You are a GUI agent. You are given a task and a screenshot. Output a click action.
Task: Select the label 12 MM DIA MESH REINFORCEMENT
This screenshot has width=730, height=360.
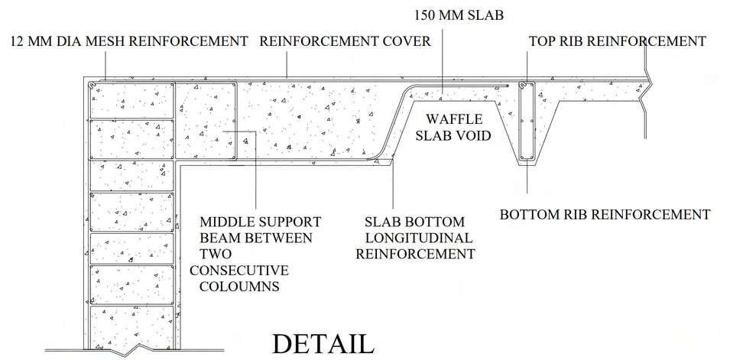pyautogui.click(x=129, y=41)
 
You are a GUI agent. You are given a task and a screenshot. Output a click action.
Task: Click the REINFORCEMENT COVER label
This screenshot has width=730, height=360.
pyautogui.click(x=345, y=41)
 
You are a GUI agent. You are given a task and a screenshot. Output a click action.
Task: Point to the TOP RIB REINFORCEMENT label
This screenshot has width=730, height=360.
pyautogui.click(x=617, y=41)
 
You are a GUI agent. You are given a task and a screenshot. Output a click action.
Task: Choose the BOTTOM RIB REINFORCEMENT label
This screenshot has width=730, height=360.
pyautogui.click(x=605, y=214)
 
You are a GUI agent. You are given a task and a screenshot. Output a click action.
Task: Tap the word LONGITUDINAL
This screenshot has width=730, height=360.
pyautogui.click(x=419, y=238)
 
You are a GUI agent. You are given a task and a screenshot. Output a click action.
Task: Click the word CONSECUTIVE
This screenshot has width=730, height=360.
pyautogui.click(x=239, y=271)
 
